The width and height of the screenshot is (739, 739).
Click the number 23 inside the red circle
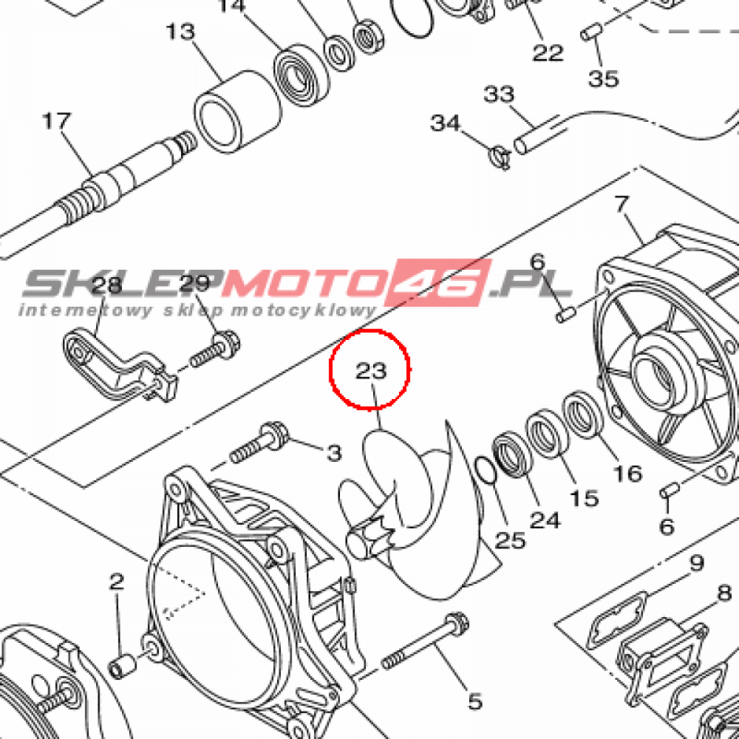click(371, 371)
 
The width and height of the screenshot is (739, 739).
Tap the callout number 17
click(56, 121)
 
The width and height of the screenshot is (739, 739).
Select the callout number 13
click(180, 32)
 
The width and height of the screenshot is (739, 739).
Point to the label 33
click(499, 95)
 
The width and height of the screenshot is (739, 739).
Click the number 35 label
click(604, 79)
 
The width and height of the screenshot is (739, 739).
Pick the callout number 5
click(475, 701)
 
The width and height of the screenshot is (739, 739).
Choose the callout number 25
click(510, 541)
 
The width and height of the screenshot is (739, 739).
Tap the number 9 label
click(697, 563)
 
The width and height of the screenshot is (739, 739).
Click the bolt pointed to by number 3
click(258, 442)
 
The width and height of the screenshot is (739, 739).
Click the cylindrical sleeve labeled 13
click(238, 112)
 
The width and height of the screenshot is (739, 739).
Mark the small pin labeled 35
click(591, 32)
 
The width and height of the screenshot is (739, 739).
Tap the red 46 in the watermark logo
click(437, 282)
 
